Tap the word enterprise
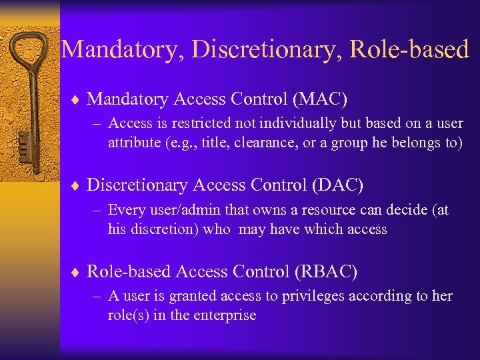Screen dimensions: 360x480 tap(223, 315)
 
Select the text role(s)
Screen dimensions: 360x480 tap(128, 315)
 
